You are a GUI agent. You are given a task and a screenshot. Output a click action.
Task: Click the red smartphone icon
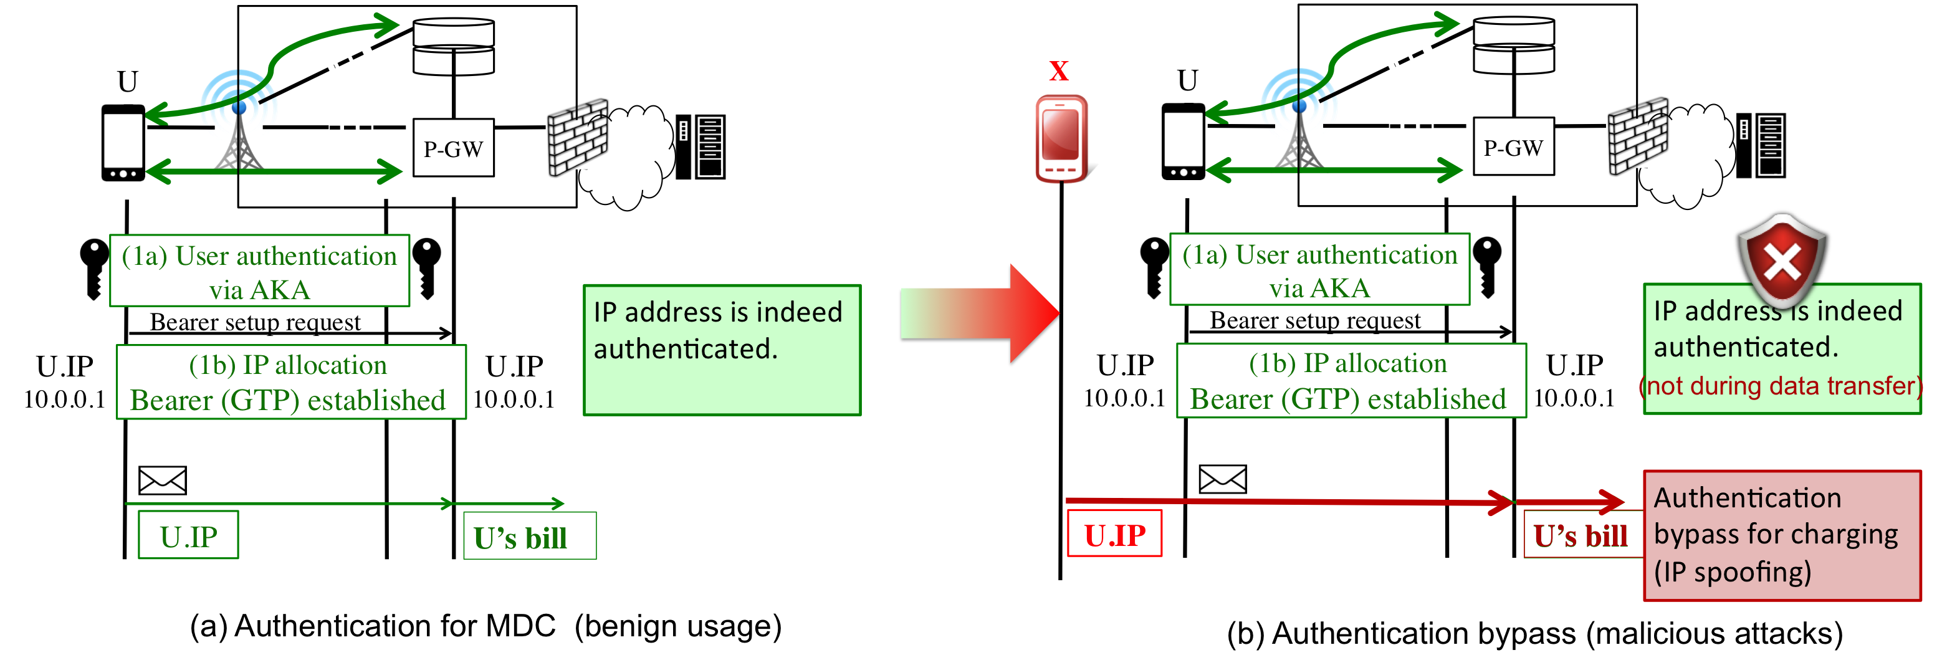pyautogui.click(x=1061, y=139)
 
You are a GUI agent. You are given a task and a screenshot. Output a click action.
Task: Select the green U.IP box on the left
pyautogui.click(x=188, y=535)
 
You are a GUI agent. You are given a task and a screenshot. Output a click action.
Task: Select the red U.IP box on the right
pyautogui.click(x=1114, y=534)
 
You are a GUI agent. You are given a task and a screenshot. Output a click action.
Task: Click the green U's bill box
pyautogui.click(x=529, y=536)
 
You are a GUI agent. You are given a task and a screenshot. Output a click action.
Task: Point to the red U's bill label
pyautogui.click(x=1581, y=535)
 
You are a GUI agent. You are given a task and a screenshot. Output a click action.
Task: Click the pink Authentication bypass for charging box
pyautogui.click(x=1782, y=535)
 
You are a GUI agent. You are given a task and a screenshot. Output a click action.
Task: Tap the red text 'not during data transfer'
pyautogui.click(x=1781, y=386)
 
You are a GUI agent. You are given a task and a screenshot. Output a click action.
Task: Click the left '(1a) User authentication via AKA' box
pyautogui.click(x=259, y=270)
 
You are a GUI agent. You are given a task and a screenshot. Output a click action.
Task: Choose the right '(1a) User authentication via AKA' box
pyautogui.click(x=1319, y=269)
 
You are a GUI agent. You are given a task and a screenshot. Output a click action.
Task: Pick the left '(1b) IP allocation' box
pyautogui.click(x=291, y=382)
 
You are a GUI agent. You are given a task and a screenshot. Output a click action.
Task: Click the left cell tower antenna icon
pyautogui.click(x=238, y=120)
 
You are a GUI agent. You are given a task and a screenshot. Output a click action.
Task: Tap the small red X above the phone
pyautogui.click(x=1059, y=72)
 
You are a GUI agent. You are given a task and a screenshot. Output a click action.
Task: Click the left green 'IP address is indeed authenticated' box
pyautogui.click(x=722, y=350)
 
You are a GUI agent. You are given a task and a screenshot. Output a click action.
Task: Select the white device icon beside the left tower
pyautogui.click(x=123, y=143)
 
